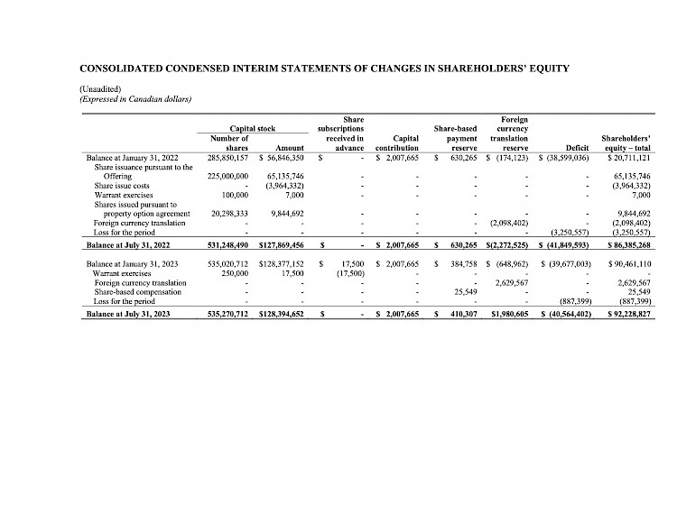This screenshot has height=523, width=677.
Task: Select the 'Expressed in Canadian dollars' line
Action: click(x=136, y=98)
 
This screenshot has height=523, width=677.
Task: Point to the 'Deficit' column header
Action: click(x=574, y=148)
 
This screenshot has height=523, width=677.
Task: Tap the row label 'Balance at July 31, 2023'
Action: click(x=133, y=313)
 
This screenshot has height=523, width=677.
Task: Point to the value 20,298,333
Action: click(x=224, y=214)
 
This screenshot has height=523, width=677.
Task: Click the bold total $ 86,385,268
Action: click(x=629, y=244)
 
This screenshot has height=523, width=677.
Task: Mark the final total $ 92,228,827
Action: click(x=629, y=313)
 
